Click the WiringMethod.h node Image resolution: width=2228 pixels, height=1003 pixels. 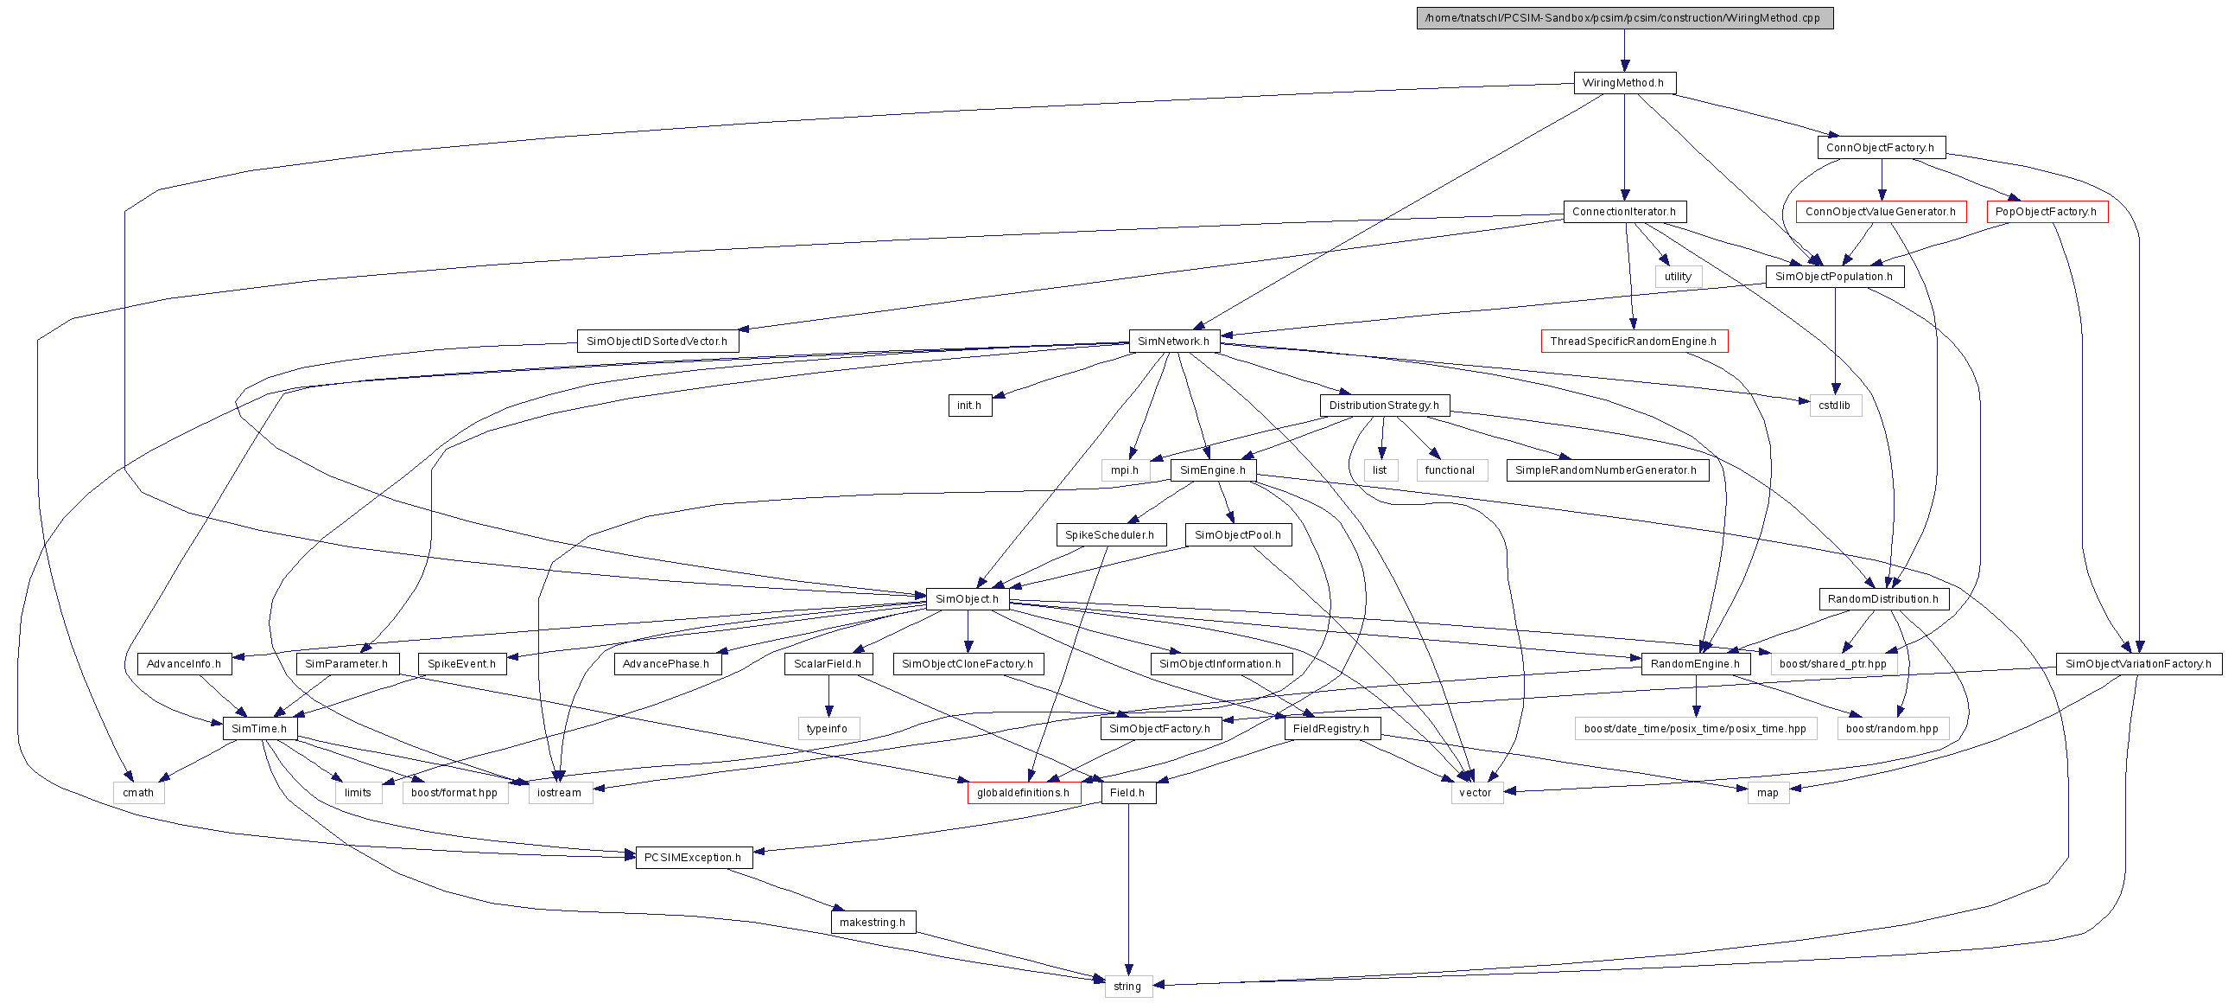[x=1624, y=83]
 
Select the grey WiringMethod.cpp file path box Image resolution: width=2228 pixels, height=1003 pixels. [x=1624, y=18]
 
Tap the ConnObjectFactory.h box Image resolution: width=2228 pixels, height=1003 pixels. [x=1882, y=147]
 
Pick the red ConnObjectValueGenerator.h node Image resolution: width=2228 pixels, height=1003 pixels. [x=1881, y=212]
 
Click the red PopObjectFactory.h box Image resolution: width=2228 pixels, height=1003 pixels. [x=2047, y=212]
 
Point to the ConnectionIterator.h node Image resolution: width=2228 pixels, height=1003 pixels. [x=1624, y=212]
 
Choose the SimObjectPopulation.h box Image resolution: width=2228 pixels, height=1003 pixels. [x=1834, y=277]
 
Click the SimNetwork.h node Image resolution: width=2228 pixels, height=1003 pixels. [x=1174, y=341]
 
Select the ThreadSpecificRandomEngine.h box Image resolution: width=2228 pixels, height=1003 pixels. [x=1634, y=341]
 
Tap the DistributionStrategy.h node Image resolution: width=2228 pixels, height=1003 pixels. [x=1385, y=405]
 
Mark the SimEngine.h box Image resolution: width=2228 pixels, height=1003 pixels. [x=1213, y=470]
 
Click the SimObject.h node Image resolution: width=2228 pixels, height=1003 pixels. [x=967, y=599]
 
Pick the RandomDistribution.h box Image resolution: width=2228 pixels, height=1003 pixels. [x=1883, y=599]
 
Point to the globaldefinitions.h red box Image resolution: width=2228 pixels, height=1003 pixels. [x=1024, y=793]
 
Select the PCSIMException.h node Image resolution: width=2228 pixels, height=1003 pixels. [x=694, y=858]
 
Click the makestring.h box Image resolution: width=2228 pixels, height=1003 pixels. [x=873, y=923]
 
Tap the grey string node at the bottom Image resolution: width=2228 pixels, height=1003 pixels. [x=1128, y=987]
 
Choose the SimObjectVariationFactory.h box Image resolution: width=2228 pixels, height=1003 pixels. [x=2138, y=664]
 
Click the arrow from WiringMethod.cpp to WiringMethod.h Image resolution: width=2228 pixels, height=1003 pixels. [x=1624, y=50]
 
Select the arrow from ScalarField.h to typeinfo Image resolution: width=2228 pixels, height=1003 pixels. [x=828, y=696]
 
